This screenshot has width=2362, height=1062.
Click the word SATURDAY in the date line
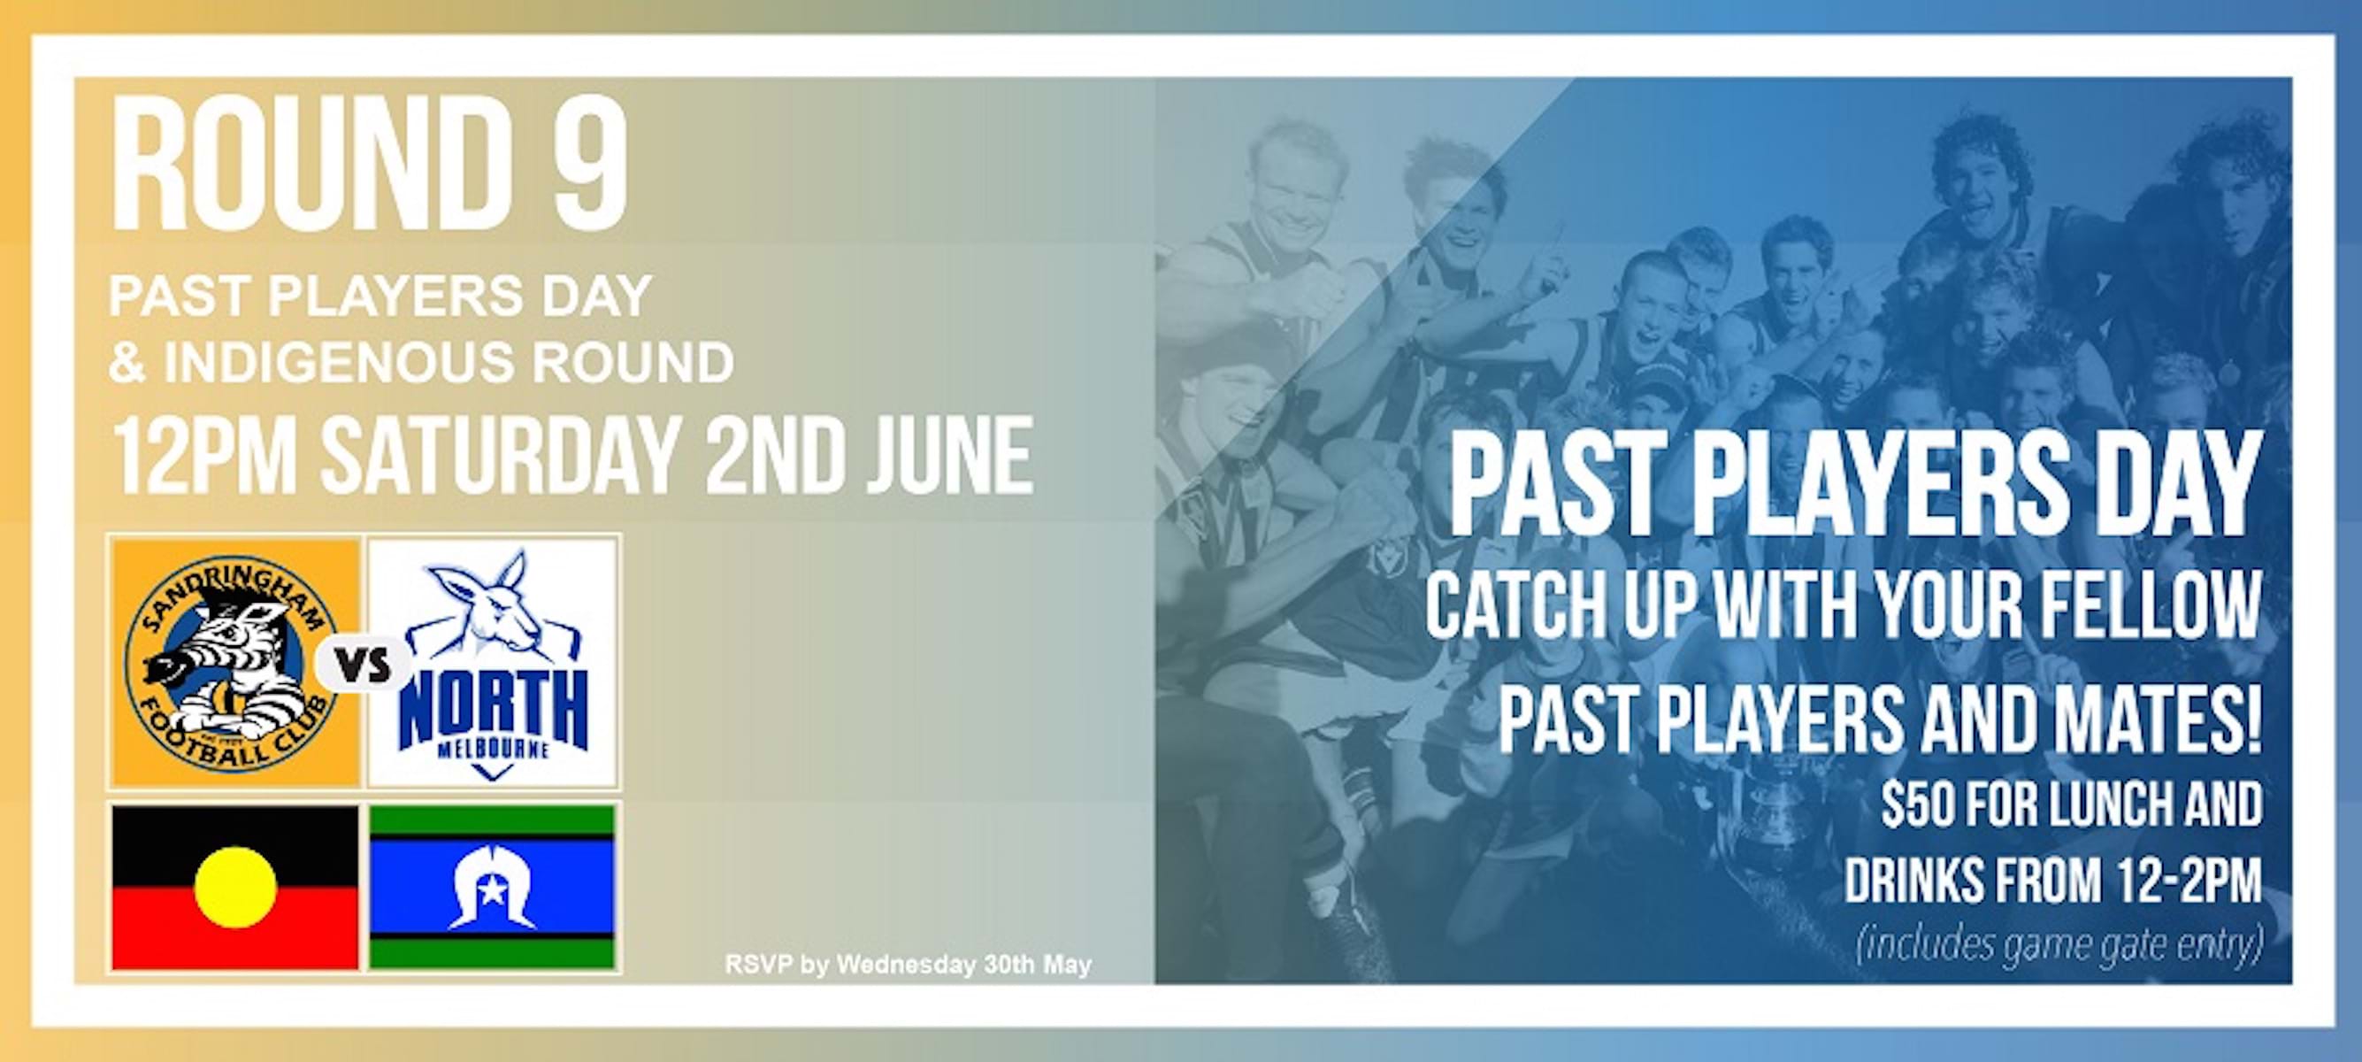pyautogui.click(x=500, y=456)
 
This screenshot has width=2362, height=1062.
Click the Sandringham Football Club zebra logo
pyautogui.click(x=234, y=661)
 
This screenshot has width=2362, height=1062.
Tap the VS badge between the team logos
pyautogui.click(x=364, y=662)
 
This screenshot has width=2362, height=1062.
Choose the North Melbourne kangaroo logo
pyautogui.click(x=494, y=661)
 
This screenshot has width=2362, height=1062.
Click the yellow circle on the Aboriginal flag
pyautogui.click(x=235, y=887)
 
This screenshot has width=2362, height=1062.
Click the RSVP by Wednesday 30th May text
pyautogui.click(x=908, y=966)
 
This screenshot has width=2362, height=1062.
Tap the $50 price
pyautogui.click(x=1924, y=805)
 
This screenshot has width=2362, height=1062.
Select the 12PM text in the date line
pyautogui.click(x=203, y=456)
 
